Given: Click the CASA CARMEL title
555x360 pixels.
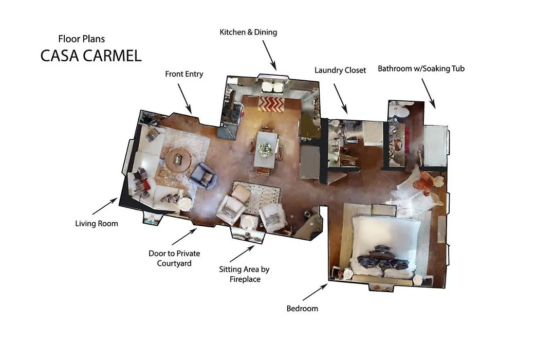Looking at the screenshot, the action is [x=91, y=56].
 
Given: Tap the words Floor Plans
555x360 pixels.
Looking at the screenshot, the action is [x=81, y=39].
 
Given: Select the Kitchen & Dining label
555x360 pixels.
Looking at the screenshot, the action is [x=248, y=32].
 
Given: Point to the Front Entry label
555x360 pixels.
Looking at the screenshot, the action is [x=184, y=74].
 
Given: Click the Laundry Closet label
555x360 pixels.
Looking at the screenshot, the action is [x=340, y=70].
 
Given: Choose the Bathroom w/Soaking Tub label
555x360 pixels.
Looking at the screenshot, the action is [x=421, y=68].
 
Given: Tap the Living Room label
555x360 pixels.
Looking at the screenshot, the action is [x=96, y=224].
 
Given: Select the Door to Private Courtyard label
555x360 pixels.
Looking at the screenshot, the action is [x=174, y=258].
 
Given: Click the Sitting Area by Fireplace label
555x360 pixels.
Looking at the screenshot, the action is [x=244, y=274].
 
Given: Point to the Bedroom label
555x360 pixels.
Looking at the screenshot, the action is [x=302, y=309].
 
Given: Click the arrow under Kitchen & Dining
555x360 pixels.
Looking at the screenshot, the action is [x=269, y=55].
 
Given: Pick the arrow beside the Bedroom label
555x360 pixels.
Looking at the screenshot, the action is [x=315, y=292].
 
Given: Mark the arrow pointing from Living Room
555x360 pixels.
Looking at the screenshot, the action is [x=105, y=206].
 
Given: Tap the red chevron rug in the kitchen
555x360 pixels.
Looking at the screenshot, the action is [x=271, y=104].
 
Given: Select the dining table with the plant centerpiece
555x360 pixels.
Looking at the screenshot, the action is [x=265, y=150].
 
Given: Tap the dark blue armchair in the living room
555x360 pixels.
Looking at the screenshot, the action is [x=203, y=175].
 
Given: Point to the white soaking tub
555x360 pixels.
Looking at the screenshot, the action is [x=435, y=146].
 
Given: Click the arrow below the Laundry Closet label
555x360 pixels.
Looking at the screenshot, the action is [x=341, y=99].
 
